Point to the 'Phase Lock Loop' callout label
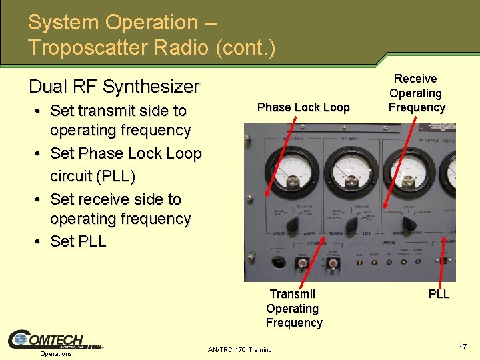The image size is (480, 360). [303, 107]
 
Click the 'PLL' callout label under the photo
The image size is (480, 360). [439, 294]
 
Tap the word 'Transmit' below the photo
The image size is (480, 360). [293, 294]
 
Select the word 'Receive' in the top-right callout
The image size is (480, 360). [416, 79]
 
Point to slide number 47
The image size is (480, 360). [463, 347]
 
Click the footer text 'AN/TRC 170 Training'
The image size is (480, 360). [240, 349]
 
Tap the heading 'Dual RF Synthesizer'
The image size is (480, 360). [114, 87]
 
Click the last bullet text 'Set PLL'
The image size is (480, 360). [78, 241]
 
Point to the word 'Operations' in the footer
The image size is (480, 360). [56, 354]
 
